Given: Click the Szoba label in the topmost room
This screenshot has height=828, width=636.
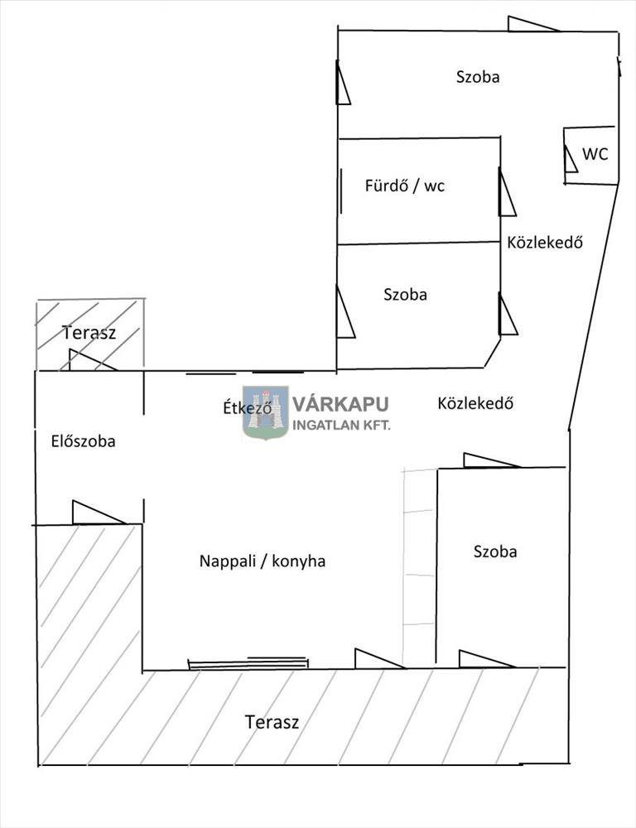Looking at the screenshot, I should (478, 77).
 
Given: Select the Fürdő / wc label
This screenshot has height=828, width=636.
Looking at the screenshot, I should (404, 185).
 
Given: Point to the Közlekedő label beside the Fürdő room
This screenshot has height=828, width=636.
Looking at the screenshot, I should (545, 243).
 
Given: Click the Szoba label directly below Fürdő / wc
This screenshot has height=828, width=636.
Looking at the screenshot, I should (405, 294).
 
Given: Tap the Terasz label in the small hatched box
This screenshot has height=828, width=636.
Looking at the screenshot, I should (89, 333).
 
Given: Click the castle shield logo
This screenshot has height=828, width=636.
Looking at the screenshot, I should (265, 412).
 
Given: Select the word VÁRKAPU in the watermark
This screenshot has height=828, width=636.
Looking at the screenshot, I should (340, 405).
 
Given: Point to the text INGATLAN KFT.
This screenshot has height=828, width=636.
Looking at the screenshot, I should (342, 425).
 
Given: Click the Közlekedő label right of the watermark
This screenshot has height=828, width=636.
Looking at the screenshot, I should (476, 403).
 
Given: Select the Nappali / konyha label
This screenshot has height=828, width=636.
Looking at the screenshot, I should (262, 561).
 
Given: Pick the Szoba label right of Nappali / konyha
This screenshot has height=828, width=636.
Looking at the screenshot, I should (495, 551).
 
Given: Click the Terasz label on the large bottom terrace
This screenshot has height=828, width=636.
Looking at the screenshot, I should (272, 721).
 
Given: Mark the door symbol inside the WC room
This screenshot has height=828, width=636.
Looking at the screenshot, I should (570, 159).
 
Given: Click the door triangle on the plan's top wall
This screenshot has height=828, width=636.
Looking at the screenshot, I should (530, 25).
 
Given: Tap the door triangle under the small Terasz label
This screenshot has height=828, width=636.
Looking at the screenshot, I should (88, 361).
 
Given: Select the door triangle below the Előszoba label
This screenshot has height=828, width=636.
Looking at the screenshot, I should (94, 514).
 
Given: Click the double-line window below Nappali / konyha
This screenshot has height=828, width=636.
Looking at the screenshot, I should (248, 662).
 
